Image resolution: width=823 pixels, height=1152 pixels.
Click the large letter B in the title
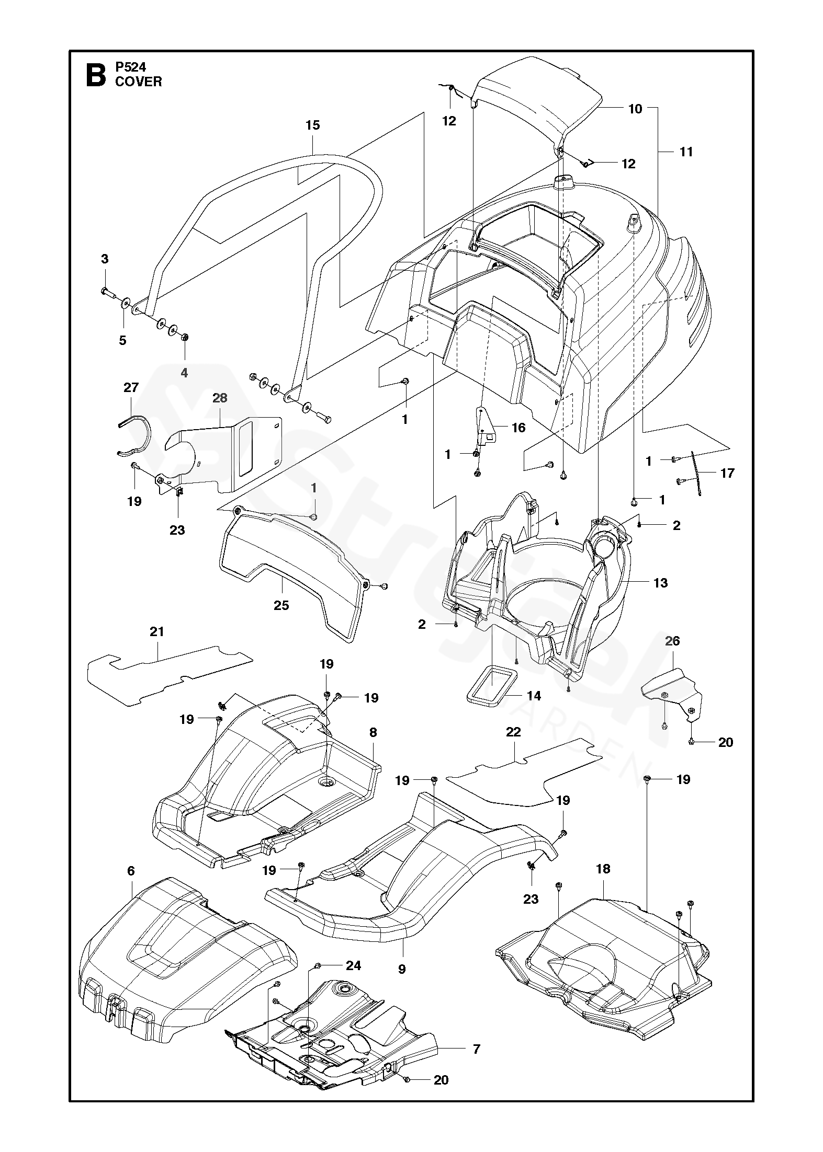point(95,74)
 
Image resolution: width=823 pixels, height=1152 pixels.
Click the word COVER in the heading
point(139,82)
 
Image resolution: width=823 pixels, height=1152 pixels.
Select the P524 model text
point(131,66)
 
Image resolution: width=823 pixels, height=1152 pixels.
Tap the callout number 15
point(313,125)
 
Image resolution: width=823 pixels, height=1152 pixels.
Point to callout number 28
point(220,398)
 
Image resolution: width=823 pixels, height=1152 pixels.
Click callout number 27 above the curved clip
point(131,387)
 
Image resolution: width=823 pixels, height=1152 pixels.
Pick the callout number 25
point(281,605)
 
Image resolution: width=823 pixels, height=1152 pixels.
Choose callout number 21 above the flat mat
point(157,631)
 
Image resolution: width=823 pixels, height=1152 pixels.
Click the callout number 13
point(661,583)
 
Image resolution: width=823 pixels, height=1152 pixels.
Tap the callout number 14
point(534,696)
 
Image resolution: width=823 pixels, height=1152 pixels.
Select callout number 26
point(672,640)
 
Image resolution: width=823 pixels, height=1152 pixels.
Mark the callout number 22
point(514,732)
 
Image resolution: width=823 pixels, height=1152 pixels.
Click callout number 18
point(603,869)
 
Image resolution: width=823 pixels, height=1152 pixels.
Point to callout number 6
point(131,870)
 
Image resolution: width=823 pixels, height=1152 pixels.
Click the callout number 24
point(354,965)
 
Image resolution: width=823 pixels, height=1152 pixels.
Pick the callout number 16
point(518,428)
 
